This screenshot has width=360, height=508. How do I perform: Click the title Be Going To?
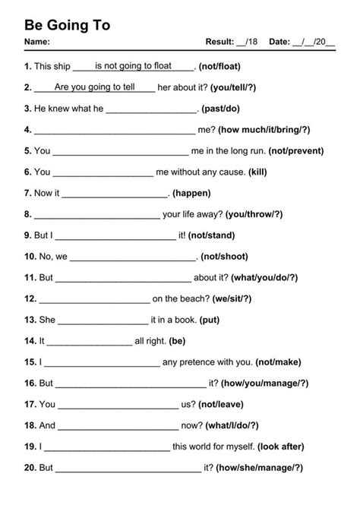point(68,25)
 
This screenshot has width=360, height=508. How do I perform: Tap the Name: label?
point(37,41)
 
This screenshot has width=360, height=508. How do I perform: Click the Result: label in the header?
point(220,41)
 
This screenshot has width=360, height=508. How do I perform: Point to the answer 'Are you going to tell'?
point(94,87)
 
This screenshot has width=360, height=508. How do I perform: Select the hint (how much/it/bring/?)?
point(263,130)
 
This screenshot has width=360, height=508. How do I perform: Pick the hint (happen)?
point(193,193)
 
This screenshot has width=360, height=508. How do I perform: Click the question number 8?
point(27,214)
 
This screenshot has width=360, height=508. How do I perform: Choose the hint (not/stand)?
point(211,235)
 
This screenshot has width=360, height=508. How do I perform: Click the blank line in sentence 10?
point(134,258)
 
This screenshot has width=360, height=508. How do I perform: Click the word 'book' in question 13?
point(188,320)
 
